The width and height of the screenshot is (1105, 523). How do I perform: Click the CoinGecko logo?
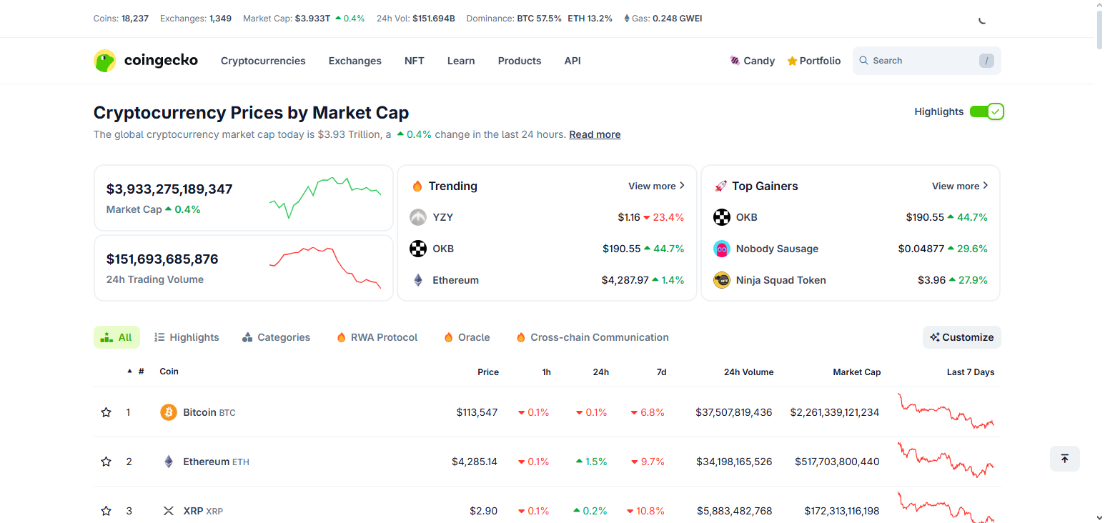146,61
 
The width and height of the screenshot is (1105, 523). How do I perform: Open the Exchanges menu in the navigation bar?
355,61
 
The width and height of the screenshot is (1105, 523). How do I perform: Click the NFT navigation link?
414,61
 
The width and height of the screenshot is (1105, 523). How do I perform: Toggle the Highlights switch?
986,111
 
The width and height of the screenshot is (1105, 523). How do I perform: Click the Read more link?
594,134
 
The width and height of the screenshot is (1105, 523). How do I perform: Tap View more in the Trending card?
656,186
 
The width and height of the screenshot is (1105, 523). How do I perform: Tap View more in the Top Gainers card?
960,186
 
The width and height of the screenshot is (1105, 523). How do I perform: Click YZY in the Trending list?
442,217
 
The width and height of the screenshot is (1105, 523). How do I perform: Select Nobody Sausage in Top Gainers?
776,249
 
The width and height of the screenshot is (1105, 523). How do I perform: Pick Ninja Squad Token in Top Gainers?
781,280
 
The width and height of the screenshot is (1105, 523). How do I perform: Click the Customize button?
961,337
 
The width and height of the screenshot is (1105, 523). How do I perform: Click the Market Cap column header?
856,372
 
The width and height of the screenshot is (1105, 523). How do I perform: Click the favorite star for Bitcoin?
106,412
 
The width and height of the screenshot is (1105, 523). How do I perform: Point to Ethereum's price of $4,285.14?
474,462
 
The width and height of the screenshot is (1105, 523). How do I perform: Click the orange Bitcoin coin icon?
169,412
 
